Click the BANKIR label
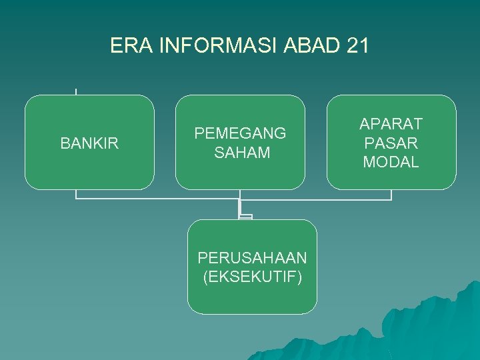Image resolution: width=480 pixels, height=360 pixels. pyautogui.click(x=89, y=143)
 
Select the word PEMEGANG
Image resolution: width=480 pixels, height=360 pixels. pyautogui.click(x=240, y=133)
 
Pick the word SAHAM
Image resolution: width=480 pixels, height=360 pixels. pyautogui.click(x=242, y=153)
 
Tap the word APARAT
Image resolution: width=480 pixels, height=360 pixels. pyautogui.click(x=391, y=124)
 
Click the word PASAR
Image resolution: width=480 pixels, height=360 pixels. pyautogui.click(x=391, y=143)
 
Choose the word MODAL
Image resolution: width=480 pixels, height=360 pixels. pyautogui.click(x=391, y=162)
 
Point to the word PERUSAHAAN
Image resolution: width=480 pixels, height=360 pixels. pyautogui.click(x=252, y=257)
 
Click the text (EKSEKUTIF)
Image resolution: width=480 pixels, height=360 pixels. pyautogui.click(x=252, y=276)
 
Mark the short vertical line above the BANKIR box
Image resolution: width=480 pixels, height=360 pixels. pyautogui.click(x=76, y=91)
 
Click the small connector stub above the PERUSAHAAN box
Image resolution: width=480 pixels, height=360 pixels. pyautogui.click(x=245, y=216)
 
